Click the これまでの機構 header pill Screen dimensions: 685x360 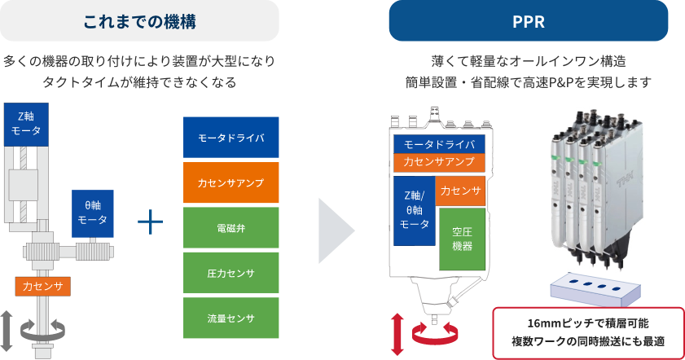139,20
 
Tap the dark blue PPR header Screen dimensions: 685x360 528,20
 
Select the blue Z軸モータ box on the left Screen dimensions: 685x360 26,124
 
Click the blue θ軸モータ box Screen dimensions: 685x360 93,213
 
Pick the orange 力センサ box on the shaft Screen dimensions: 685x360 43,286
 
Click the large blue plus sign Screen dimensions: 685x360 151,222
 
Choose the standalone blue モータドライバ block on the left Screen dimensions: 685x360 231,137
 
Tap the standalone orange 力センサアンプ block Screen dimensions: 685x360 231,182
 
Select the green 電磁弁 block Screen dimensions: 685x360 231,227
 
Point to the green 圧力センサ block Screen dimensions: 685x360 231,273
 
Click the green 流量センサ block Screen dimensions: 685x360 231,318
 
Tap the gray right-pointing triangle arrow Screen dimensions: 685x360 336,230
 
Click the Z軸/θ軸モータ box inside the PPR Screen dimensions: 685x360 414,211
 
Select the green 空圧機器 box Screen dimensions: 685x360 462,239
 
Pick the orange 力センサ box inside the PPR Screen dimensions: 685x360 460,191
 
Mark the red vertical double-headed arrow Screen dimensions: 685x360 397,334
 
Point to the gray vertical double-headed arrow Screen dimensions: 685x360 7,331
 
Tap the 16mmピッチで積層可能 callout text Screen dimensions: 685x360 588,323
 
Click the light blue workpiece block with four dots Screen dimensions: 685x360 595,290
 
